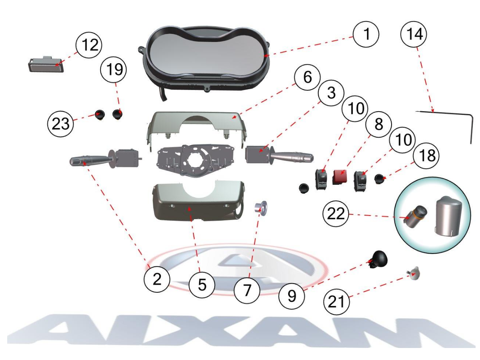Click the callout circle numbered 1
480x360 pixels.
click(x=366, y=34)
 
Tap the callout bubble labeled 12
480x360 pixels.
click(x=89, y=45)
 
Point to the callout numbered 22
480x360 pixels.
click(x=336, y=214)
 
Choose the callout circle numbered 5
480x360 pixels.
click(x=202, y=285)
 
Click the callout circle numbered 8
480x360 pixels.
click(x=379, y=124)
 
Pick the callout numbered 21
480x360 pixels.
click(x=336, y=302)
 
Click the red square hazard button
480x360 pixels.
click(x=340, y=178)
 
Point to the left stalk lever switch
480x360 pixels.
click(x=104, y=158)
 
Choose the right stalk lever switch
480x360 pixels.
click(x=279, y=155)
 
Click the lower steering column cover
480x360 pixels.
click(x=197, y=203)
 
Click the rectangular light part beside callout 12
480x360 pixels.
click(x=46, y=64)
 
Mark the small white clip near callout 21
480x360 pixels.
click(x=413, y=274)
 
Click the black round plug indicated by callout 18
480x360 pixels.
click(x=380, y=178)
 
